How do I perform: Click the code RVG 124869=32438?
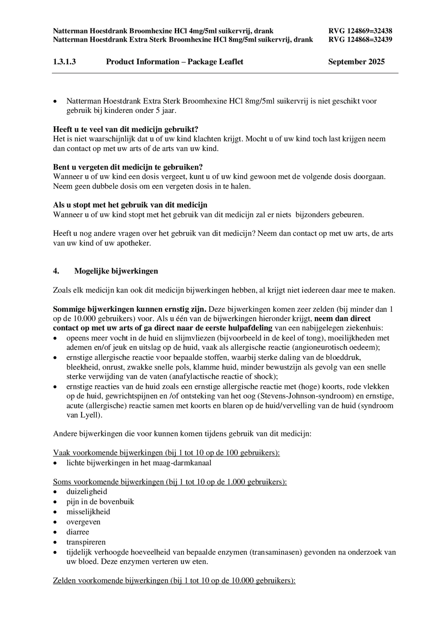(x=360, y=31)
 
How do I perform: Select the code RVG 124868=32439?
(x=360, y=40)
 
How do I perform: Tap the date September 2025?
(x=356, y=62)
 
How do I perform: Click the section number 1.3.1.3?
(x=64, y=62)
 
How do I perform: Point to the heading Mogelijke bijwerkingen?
(x=116, y=271)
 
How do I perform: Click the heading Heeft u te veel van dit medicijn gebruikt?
(x=126, y=129)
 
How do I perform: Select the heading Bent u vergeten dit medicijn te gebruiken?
(x=128, y=167)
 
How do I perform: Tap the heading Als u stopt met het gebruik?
(x=130, y=205)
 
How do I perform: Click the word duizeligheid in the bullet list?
(x=87, y=492)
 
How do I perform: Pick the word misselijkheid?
(x=88, y=512)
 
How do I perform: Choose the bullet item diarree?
(x=78, y=532)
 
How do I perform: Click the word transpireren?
(x=86, y=542)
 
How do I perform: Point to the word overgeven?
(x=83, y=522)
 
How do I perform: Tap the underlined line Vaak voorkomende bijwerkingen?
(x=166, y=453)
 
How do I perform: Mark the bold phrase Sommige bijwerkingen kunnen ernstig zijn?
(x=130, y=309)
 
